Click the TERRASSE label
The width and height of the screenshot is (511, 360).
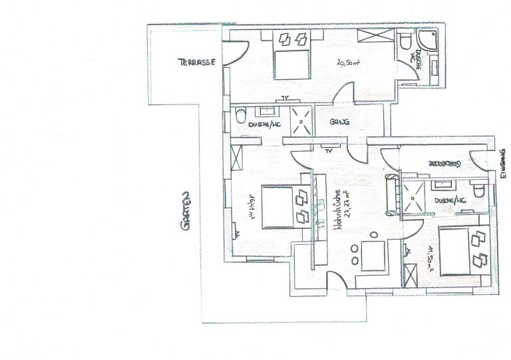(x=195, y=62)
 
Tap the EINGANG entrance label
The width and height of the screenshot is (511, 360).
(x=503, y=166)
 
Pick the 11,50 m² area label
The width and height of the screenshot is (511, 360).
(x=430, y=260)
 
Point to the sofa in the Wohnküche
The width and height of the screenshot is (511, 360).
(x=390, y=192)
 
